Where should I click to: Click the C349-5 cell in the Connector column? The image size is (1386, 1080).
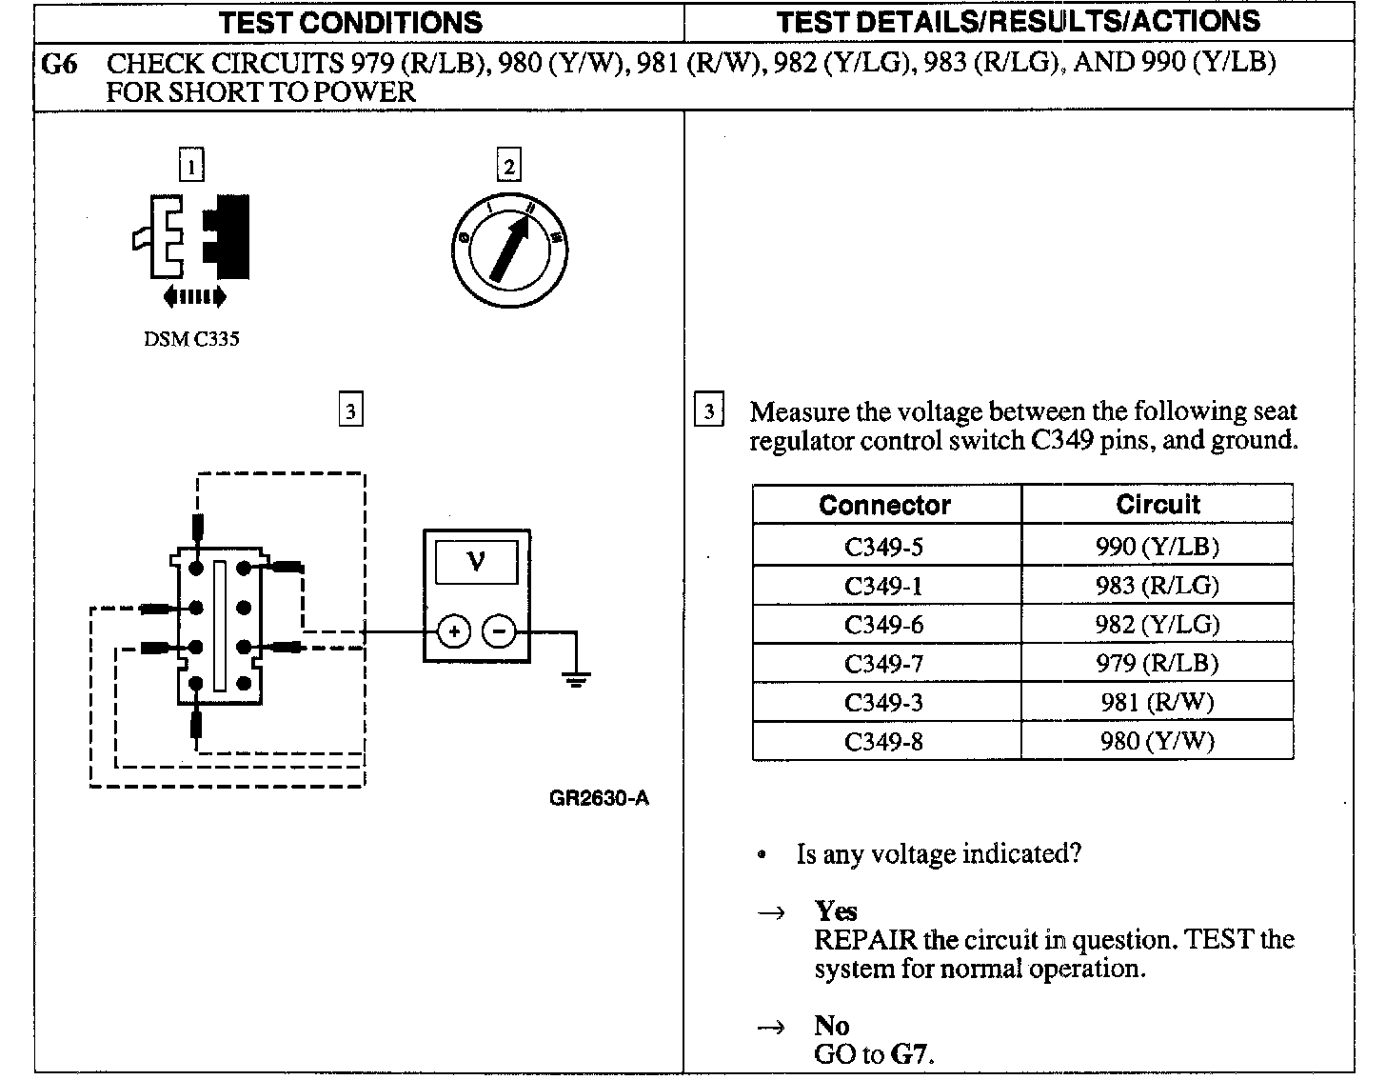point(883,547)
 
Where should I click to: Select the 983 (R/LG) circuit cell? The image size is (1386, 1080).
point(1157,586)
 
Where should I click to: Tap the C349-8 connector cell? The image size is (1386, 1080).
point(883,742)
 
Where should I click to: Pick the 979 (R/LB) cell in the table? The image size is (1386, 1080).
point(1157,664)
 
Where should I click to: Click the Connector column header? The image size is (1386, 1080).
point(884,505)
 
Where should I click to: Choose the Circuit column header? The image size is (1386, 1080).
point(1158,505)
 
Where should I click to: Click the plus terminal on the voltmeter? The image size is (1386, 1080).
point(454,631)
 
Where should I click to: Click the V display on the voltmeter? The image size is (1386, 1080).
point(477,562)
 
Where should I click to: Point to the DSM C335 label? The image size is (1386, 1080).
point(191,340)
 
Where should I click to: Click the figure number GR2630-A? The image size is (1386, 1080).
point(599,798)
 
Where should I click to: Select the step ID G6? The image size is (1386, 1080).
point(59,64)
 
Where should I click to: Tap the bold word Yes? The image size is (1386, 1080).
point(835,911)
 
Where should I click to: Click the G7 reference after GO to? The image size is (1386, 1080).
point(911,1054)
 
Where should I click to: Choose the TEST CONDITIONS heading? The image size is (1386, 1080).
point(351,22)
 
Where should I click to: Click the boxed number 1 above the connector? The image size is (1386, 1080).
point(191,168)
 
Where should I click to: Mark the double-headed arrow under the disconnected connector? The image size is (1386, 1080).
point(195,297)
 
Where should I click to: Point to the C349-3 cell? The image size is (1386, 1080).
point(883,703)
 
